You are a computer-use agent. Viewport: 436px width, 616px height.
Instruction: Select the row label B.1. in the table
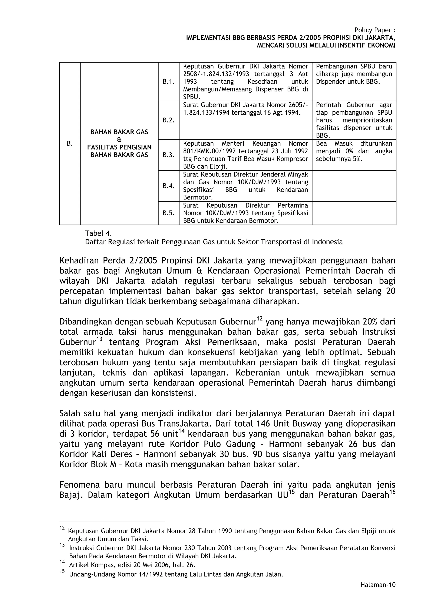pyautogui.click(x=168, y=82)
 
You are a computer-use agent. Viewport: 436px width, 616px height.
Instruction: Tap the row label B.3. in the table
pyautogui.click(x=168, y=155)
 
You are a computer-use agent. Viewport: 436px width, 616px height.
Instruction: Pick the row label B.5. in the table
pyautogui.click(x=168, y=213)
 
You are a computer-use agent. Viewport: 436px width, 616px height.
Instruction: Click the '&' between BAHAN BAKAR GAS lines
pyautogui.click(x=119, y=139)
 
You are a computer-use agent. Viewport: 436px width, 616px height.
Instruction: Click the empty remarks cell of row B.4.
pyautogui.click(x=354, y=186)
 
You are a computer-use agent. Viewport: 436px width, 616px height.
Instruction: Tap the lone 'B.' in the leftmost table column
pyautogui.click(x=70, y=144)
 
